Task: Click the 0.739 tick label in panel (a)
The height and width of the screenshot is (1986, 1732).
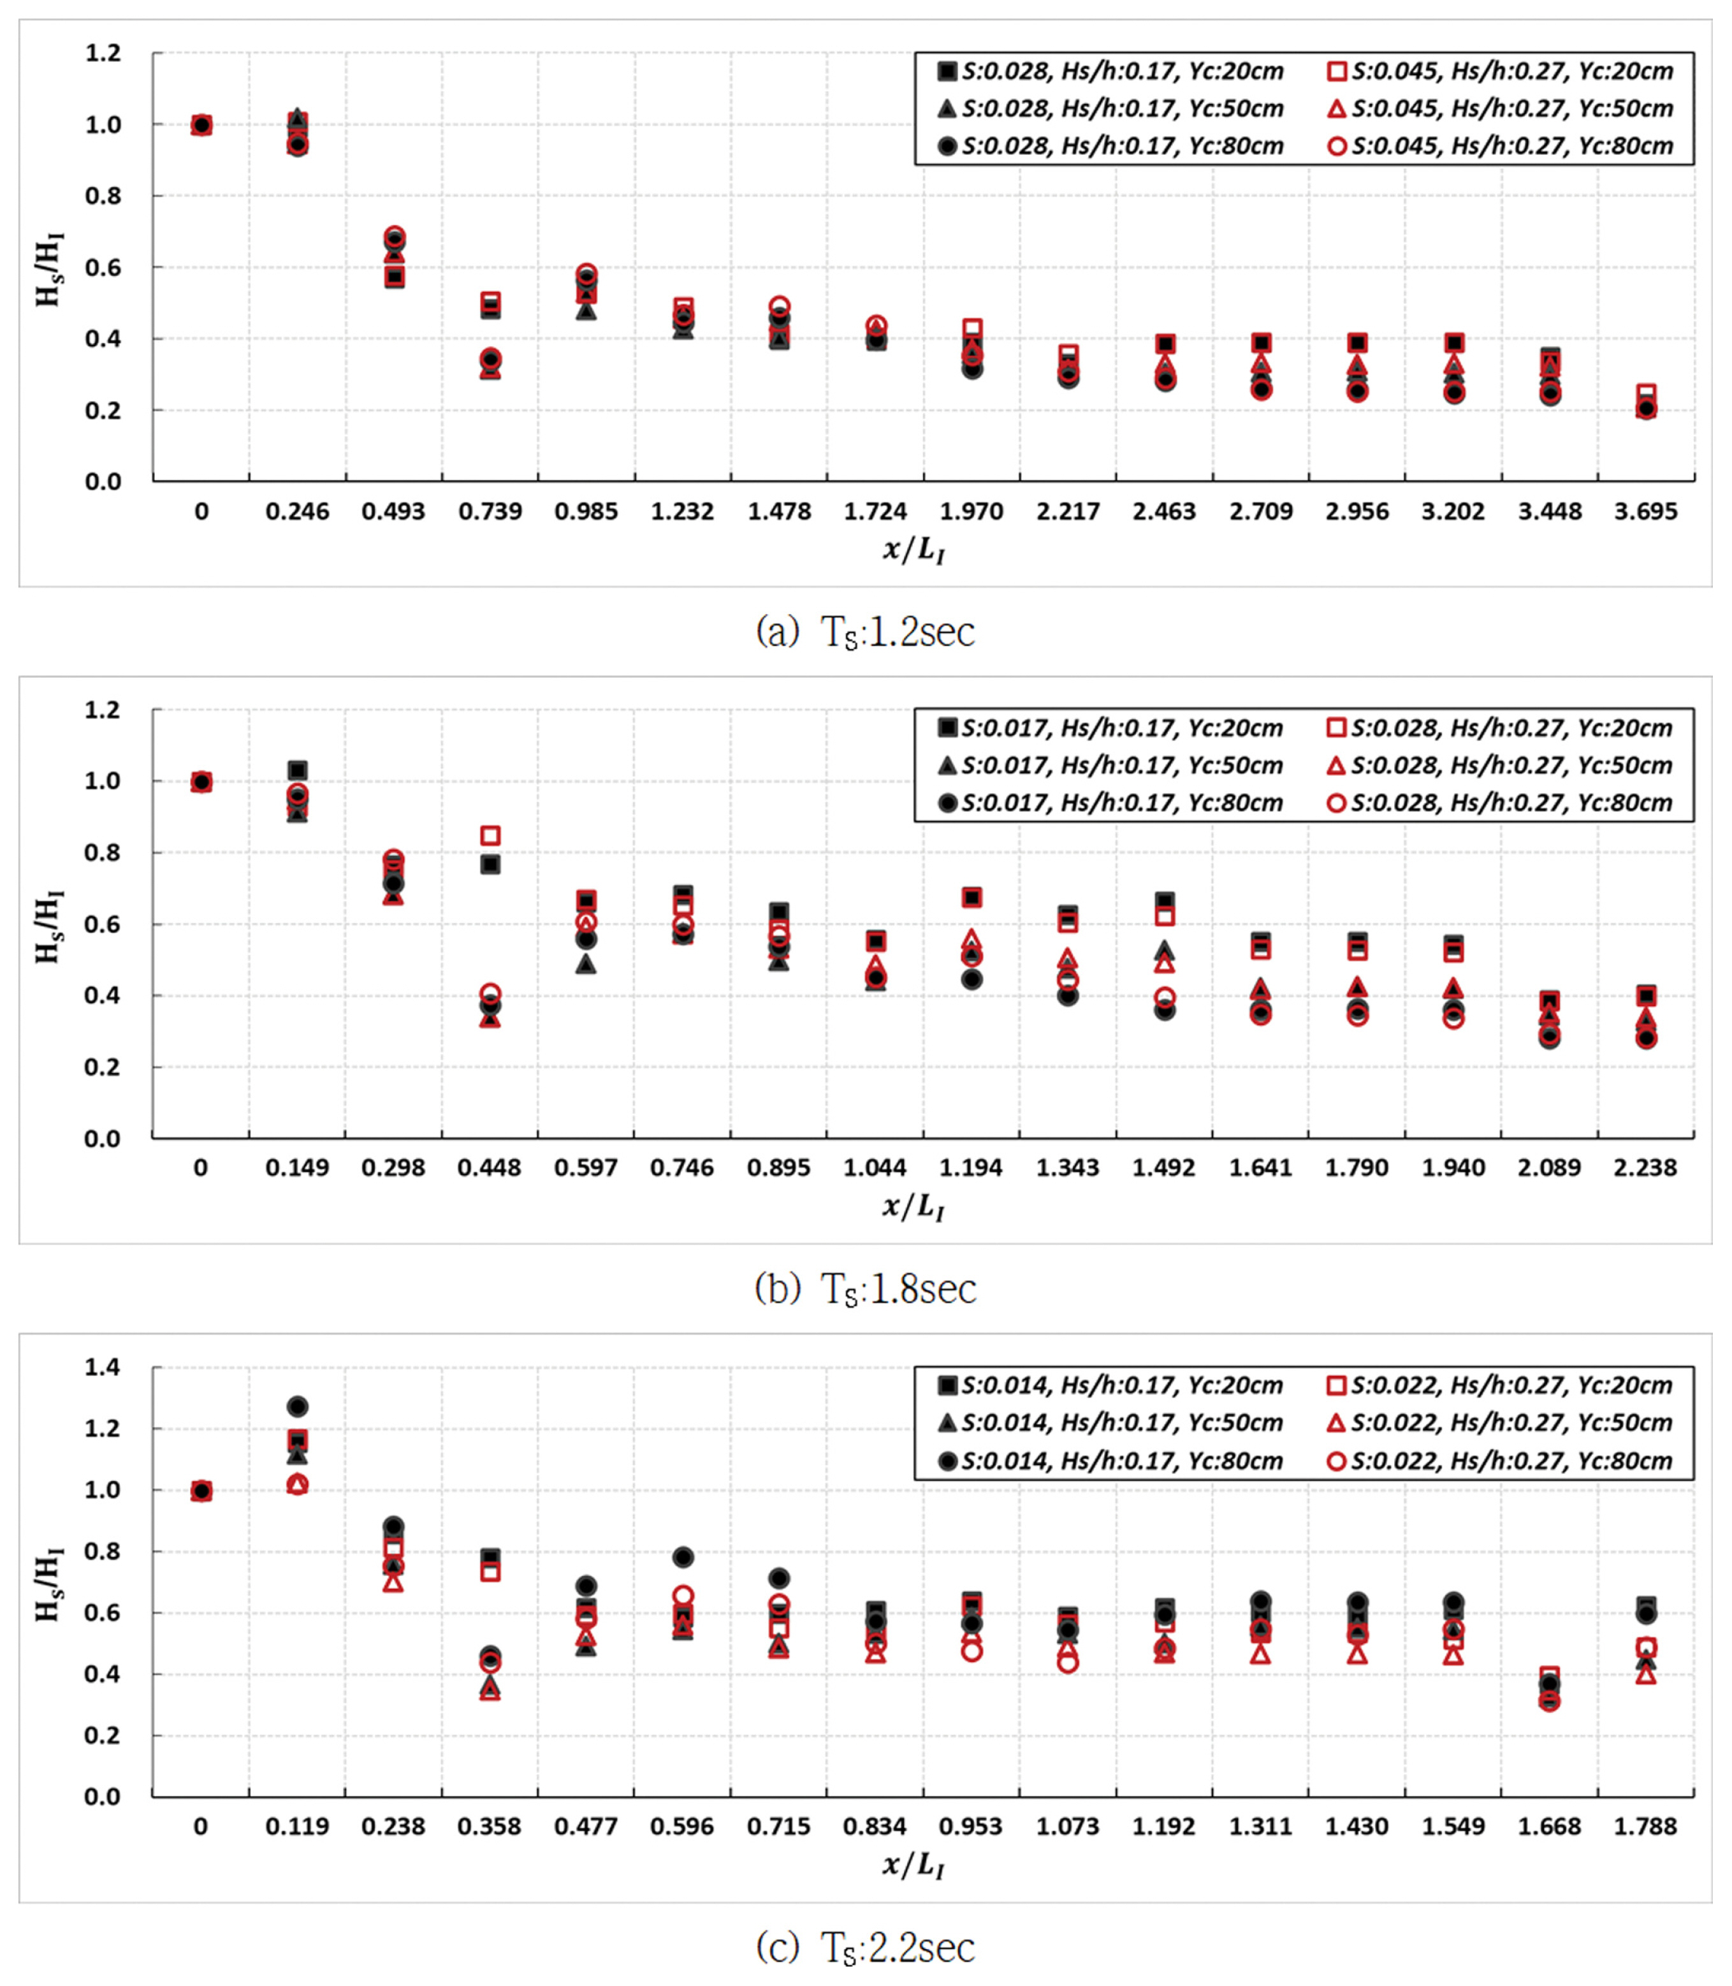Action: (x=490, y=511)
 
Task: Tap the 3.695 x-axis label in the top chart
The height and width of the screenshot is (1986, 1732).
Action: (x=1645, y=511)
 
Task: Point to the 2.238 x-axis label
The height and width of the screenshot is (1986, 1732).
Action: (x=1645, y=1167)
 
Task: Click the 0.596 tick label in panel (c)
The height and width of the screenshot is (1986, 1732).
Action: (x=682, y=1825)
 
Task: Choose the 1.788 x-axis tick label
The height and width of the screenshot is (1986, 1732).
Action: (x=1645, y=1825)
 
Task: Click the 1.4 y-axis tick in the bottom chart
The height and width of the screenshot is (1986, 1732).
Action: (x=103, y=1366)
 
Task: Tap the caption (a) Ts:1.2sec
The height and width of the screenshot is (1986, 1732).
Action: (x=865, y=632)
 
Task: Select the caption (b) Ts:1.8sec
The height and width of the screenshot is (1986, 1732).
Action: (x=865, y=1289)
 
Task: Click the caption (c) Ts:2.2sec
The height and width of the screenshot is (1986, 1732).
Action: (x=865, y=1947)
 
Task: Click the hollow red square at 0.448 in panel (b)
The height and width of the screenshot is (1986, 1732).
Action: (x=490, y=835)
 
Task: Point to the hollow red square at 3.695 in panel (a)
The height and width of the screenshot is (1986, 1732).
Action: (x=1646, y=393)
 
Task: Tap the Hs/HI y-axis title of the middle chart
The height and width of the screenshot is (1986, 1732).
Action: (x=48, y=926)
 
